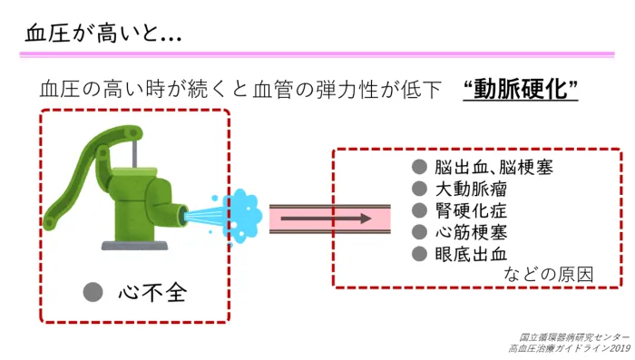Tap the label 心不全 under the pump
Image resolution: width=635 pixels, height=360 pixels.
point(153,293)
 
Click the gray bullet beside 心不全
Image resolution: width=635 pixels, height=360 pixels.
point(92,292)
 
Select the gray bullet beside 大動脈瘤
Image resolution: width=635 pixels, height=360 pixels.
point(419,190)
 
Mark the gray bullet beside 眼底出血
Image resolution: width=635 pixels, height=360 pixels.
point(419,254)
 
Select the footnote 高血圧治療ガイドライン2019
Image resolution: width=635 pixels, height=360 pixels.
point(569,348)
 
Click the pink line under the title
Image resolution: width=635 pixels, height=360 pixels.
point(317,54)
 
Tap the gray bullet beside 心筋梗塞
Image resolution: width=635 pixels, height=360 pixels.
point(419,232)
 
